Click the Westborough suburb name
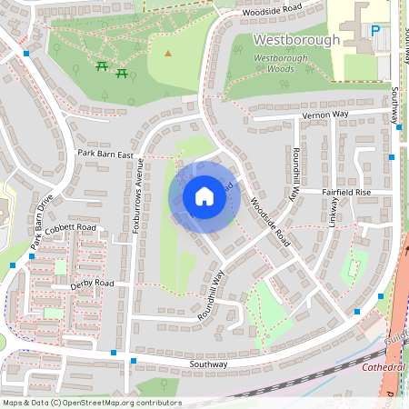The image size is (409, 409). coord(296,40)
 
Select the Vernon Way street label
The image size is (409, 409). coord(325,115)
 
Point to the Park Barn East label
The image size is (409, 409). coord(105,155)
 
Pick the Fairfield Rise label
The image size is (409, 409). coord(346,193)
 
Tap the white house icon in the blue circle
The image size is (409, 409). coord(204,196)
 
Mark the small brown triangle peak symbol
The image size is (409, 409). coord(167,53)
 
